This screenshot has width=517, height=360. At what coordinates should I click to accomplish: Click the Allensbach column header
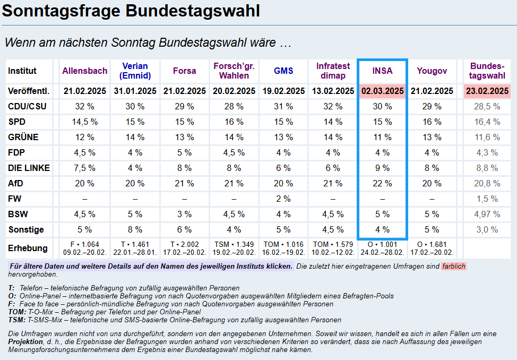pos(85,71)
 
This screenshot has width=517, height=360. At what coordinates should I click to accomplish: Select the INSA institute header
pos(382,71)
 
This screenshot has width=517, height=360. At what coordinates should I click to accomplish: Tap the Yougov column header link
pos(432,71)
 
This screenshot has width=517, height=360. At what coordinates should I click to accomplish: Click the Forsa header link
pos(184,71)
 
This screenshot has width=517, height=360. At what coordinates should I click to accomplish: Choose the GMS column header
pos(283,71)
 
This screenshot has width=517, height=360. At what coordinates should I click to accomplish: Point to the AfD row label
pos(16,184)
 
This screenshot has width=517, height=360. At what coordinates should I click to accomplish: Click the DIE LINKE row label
pos(29,168)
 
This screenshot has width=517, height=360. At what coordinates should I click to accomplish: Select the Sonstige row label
pos(26,230)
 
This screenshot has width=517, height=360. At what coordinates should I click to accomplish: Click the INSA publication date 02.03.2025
pos(383,91)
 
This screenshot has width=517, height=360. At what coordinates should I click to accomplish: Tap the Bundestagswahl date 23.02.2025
pos(487,91)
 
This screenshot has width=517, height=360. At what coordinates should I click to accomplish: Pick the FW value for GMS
pos(283,199)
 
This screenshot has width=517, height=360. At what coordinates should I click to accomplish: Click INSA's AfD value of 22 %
pos(382,184)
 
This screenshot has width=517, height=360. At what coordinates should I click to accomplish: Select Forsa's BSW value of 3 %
pos(184,215)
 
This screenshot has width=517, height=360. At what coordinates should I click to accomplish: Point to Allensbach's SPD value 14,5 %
pos(85,122)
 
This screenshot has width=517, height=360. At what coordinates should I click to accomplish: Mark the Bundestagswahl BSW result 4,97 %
pos(487,215)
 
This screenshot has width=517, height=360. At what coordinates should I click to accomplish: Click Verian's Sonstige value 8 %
pos(135,230)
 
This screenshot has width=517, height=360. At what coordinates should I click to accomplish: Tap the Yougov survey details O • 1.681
pos(432,245)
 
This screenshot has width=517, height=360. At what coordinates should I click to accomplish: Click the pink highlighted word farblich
pos(454,266)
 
